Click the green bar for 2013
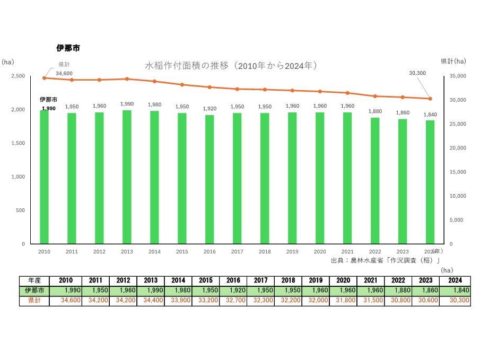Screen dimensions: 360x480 [127, 177]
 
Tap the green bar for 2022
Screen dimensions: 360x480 [375, 181]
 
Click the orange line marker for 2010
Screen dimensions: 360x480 [44, 78]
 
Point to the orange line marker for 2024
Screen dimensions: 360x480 [430, 99]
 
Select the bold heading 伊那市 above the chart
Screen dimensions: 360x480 [68, 48]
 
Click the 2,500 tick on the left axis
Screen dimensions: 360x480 [18, 76]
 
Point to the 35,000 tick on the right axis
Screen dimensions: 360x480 [457, 76]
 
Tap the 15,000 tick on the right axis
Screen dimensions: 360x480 [457, 172]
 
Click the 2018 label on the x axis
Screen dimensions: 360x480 [265, 252]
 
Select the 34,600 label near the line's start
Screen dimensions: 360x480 [64, 73]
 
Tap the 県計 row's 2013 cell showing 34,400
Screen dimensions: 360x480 [151, 300]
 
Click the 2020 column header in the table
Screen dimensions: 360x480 [343, 280]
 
